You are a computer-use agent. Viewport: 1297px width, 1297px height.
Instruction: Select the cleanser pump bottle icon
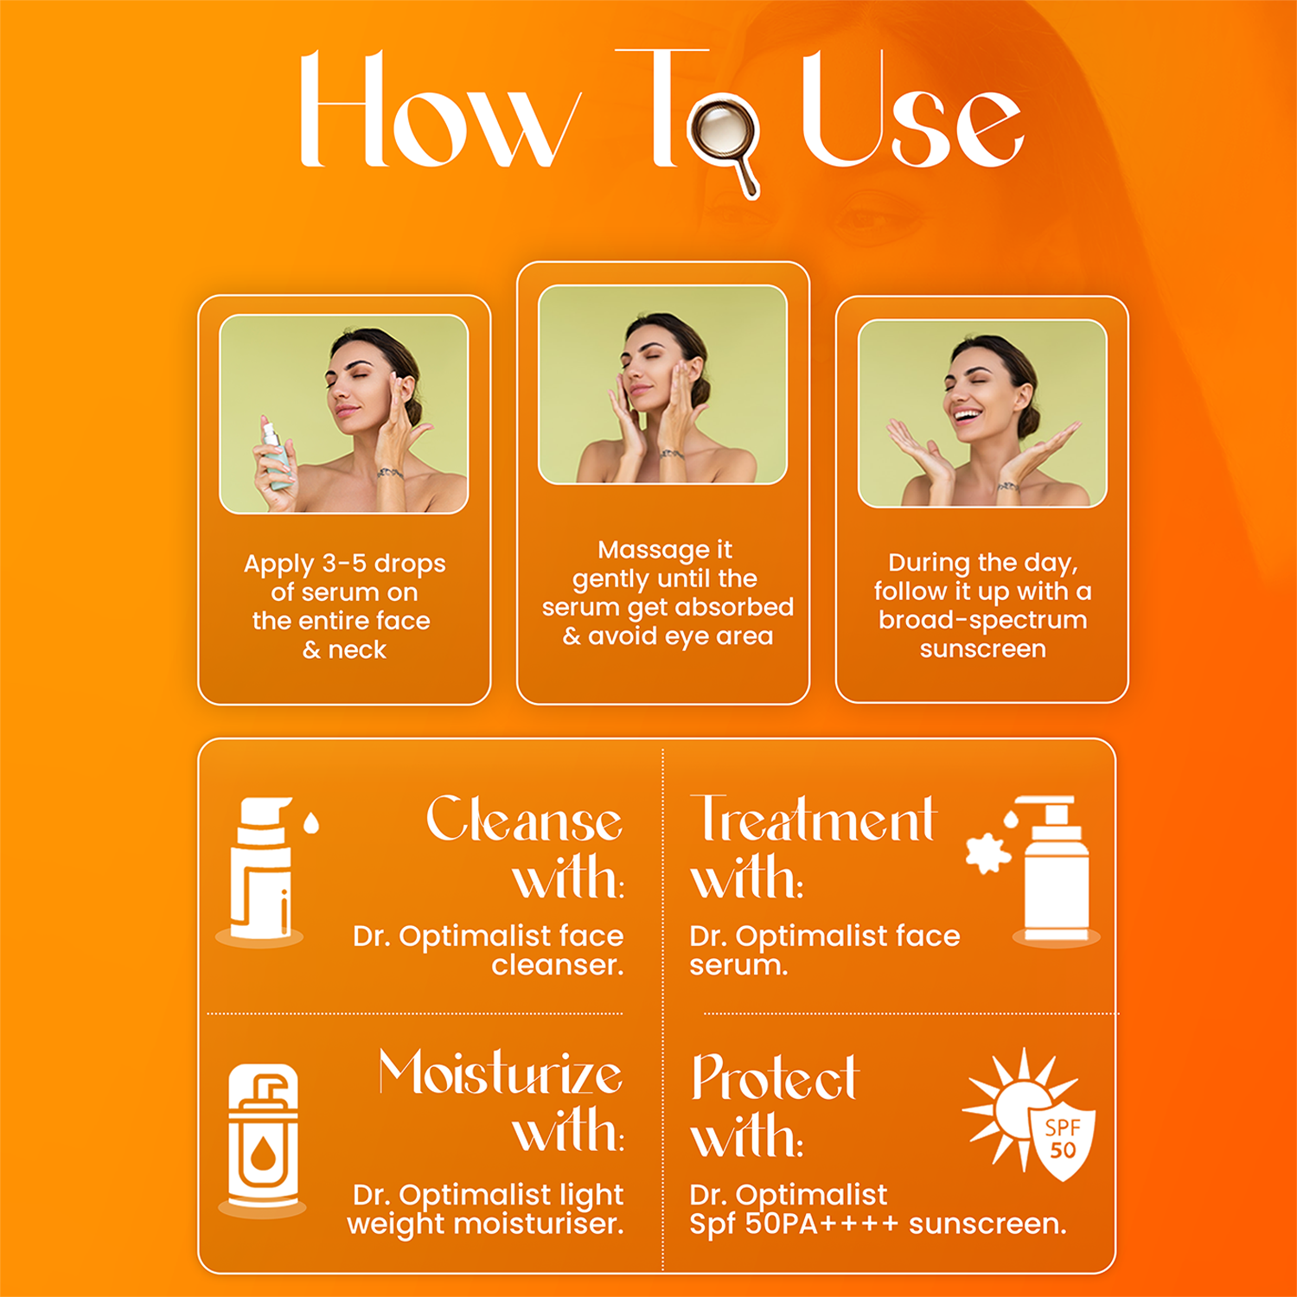[x=261, y=869]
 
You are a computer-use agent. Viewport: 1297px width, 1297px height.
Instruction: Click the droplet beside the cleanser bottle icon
[x=311, y=823]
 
